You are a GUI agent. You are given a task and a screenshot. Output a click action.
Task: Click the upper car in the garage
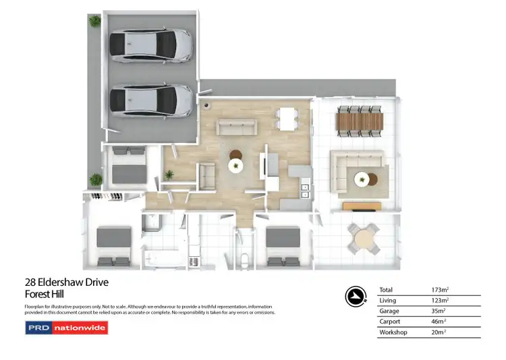pyautogui.click(x=150, y=44)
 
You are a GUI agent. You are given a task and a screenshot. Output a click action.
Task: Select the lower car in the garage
pyautogui.click(x=150, y=99)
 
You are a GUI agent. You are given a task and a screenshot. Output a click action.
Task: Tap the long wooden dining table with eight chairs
pyautogui.click(x=359, y=121)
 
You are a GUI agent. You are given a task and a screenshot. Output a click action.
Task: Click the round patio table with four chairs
pyautogui.click(x=364, y=238)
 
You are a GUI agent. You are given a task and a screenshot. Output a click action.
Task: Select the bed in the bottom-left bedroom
pyautogui.click(x=113, y=247)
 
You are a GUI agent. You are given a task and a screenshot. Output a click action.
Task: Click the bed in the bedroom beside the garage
pyautogui.click(x=127, y=168)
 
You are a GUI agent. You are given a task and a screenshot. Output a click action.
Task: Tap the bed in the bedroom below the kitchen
pyautogui.click(x=283, y=247)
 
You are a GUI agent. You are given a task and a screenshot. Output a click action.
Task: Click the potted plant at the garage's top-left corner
pyautogui.click(x=94, y=22)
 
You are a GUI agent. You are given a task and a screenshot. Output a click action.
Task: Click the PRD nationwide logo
pyautogui.click(x=66, y=328)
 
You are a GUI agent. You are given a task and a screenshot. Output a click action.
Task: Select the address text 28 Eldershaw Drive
pyautogui.click(x=66, y=282)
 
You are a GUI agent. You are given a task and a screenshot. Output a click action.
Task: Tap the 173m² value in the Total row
pyautogui.click(x=440, y=290)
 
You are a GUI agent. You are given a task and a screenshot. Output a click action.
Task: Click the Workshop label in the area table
pyautogui.click(x=394, y=332)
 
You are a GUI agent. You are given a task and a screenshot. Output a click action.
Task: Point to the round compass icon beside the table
pyautogui.click(x=356, y=296)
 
